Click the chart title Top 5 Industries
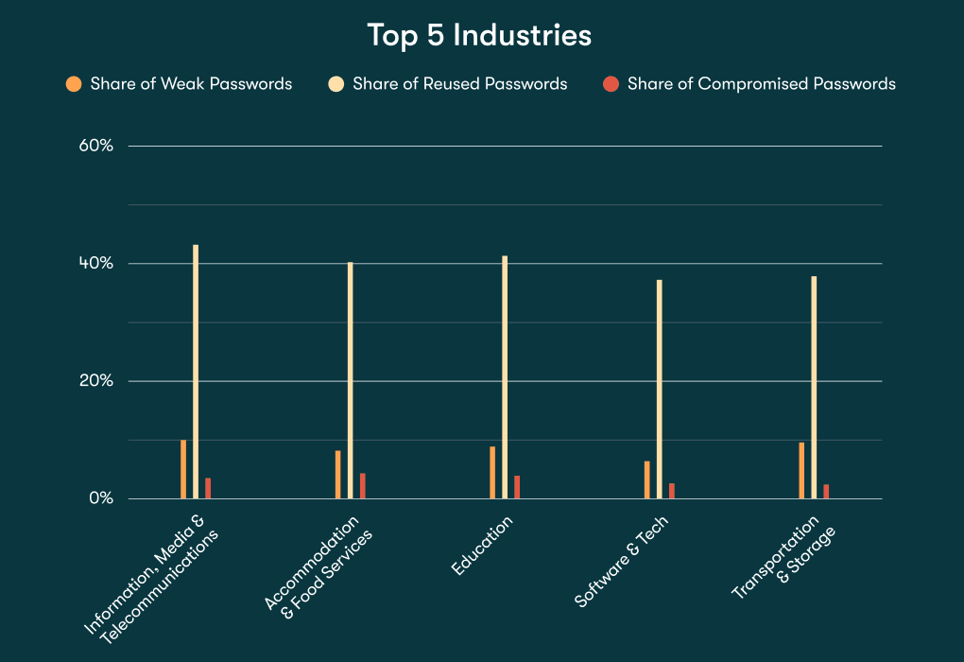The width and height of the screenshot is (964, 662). point(479,36)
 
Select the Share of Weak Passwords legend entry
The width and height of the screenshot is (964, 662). point(191,84)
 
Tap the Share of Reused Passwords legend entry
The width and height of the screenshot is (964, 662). point(459,84)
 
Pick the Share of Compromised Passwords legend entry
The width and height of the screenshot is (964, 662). point(761,84)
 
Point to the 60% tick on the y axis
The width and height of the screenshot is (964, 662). point(95,146)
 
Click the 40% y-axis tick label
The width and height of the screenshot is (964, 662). point(95,263)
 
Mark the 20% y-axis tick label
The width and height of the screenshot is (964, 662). point(95,381)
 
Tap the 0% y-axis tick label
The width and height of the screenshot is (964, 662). point(99,498)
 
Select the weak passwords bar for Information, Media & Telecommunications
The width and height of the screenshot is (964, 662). point(183,469)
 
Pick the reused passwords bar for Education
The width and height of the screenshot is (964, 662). point(505,377)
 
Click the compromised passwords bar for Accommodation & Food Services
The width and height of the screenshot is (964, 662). point(362,486)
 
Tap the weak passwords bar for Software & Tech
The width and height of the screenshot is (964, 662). point(647,479)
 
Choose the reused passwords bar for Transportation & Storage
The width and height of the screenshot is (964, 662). point(814,388)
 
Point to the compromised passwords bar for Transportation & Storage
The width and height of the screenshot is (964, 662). point(826,492)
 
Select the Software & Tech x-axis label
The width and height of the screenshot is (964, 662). point(622,562)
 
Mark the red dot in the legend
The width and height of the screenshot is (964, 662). point(611,84)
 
